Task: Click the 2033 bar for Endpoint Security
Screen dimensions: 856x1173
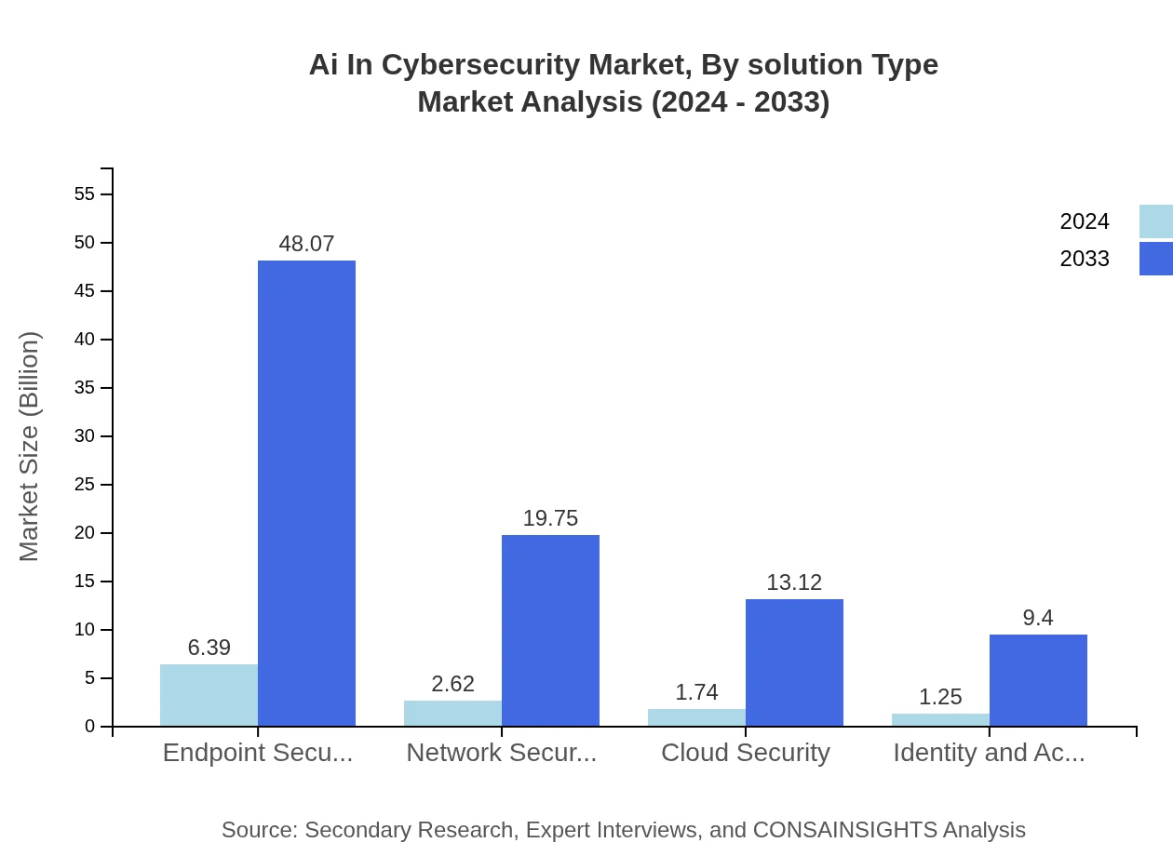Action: pos(306,493)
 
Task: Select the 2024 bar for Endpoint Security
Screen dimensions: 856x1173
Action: pos(209,695)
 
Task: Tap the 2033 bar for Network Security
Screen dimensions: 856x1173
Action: pos(550,630)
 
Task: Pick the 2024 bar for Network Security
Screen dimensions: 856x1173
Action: pos(452,713)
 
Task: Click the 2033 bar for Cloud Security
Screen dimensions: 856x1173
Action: pos(794,662)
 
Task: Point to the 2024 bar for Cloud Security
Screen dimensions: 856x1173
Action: pos(696,717)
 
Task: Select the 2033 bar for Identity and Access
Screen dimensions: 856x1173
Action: pos(1038,680)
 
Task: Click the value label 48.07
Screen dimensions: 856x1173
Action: pos(306,244)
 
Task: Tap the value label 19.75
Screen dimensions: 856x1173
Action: pos(550,518)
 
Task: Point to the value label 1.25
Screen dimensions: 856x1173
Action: pos(940,697)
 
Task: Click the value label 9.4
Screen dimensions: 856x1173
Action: pos(1038,618)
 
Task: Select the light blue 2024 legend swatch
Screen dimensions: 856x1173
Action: pos(1155,221)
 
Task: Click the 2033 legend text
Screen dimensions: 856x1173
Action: pos(1085,259)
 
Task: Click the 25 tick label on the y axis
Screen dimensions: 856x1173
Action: pos(85,485)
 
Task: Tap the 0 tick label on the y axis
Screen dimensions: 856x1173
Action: pos(90,727)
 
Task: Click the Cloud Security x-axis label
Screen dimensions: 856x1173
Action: pos(746,753)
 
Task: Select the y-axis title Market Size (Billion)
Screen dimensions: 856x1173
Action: pos(29,447)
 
